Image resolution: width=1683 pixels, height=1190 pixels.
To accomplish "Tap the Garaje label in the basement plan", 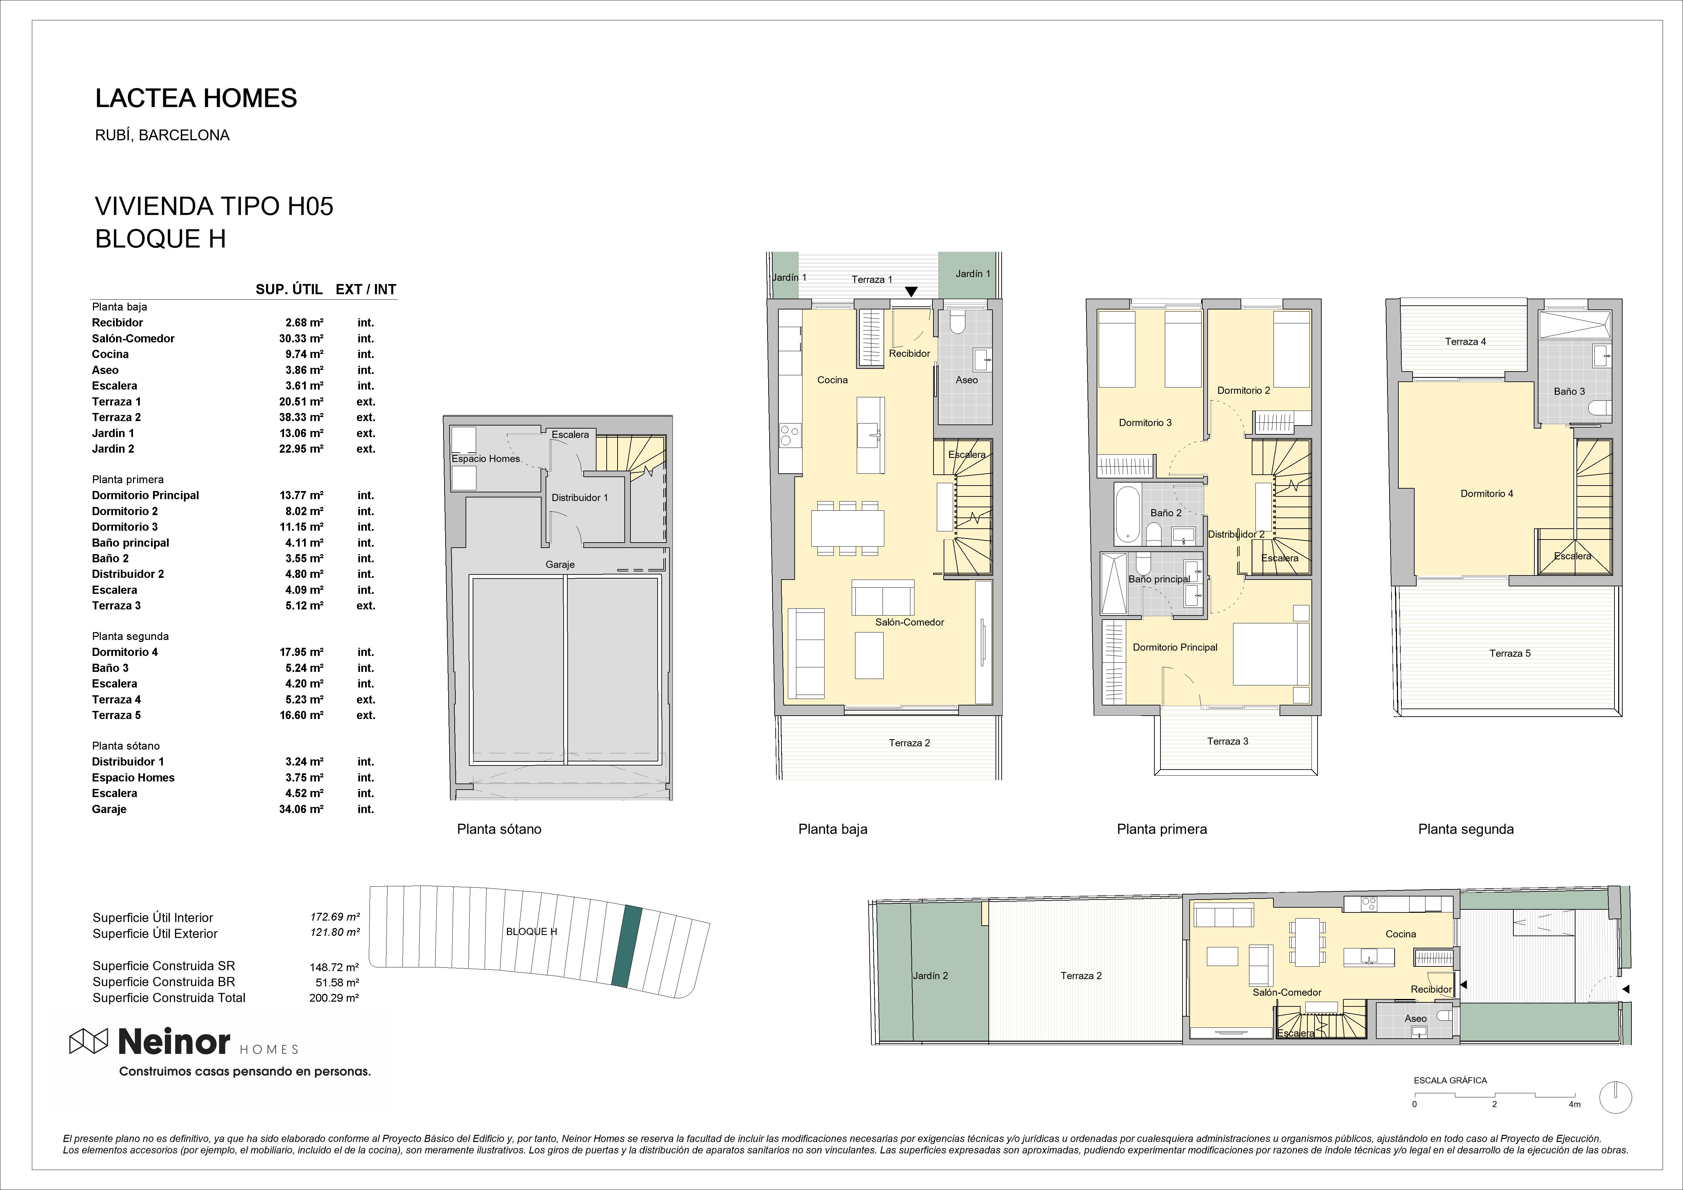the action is click(560, 565).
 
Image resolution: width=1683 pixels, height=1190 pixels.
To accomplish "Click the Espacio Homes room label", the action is click(485, 459).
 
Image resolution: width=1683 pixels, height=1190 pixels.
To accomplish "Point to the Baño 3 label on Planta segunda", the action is click(1569, 392).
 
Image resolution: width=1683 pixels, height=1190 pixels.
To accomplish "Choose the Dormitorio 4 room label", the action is click(1487, 493).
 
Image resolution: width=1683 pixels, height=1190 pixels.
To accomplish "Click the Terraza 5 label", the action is click(1510, 653).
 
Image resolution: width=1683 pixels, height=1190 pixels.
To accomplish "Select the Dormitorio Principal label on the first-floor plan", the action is click(1175, 647).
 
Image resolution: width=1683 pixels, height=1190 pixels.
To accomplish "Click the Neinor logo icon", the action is click(88, 1041).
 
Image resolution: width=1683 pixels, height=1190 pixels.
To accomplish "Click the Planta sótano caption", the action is click(499, 829).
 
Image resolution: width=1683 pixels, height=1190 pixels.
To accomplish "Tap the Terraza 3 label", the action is click(1228, 741).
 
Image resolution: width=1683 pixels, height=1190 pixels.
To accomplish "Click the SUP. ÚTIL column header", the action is click(289, 290).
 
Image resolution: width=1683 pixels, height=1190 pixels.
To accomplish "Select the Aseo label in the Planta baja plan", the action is click(967, 380).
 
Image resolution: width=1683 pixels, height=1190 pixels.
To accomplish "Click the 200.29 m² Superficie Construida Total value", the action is click(334, 998).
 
